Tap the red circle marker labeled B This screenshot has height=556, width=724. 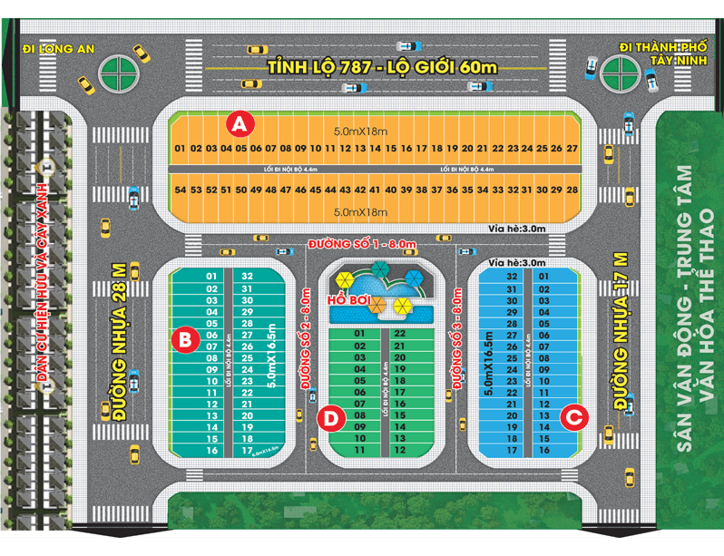pos(184,340)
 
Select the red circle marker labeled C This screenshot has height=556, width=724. pos(573,417)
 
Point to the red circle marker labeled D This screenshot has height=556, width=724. pos(332,419)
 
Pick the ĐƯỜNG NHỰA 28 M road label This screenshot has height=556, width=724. pos(119,341)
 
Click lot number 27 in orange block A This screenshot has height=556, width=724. pos(572,148)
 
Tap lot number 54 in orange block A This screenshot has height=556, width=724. pos(180,190)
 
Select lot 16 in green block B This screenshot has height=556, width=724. pos(211,450)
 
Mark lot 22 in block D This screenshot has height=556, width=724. pos(399,333)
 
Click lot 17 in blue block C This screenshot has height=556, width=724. pos(512,450)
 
